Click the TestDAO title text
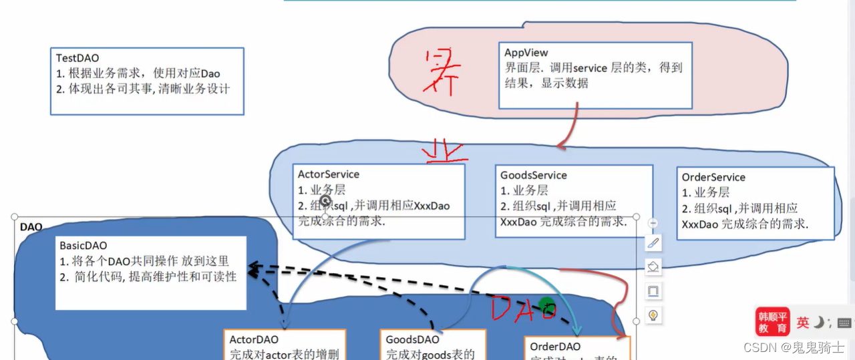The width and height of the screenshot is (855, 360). [77, 59]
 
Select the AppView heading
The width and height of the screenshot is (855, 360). [526, 53]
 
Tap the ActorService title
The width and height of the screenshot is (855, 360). [329, 174]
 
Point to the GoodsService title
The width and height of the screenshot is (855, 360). [534, 175]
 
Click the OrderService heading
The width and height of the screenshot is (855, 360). [713, 177]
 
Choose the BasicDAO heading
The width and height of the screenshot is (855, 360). [83, 246]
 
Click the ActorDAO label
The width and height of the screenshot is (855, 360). [254, 340]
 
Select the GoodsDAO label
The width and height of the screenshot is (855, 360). [413, 340]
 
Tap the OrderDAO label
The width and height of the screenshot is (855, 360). [556, 347]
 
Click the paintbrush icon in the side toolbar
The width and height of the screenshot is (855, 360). [653, 243]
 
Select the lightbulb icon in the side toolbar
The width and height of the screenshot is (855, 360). [653, 315]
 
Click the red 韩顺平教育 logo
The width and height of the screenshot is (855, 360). [772, 321]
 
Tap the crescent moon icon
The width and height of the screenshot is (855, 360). [818, 323]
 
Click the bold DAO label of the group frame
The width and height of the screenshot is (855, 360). [31, 227]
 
